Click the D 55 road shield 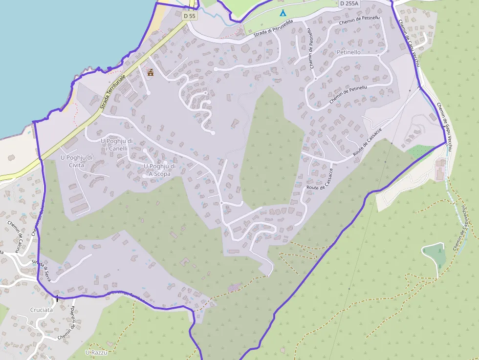pos(190,16)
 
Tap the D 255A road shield pos(349,3)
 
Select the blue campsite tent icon pos(283,12)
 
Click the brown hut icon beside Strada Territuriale pos(151,72)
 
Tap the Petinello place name pos(348,52)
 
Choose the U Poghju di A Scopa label pos(160,169)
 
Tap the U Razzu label pos(96,352)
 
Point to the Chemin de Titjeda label pos(66,324)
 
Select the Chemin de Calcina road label pos(14,236)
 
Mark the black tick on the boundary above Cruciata pos(57,297)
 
